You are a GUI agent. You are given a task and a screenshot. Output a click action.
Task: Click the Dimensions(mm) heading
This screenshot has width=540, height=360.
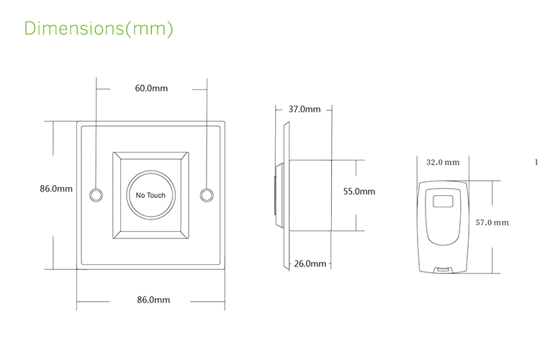pyautogui.click(x=99, y=29)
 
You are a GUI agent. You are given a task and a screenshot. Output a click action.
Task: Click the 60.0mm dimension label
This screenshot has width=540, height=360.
pyautogui.click(x=150, y=89)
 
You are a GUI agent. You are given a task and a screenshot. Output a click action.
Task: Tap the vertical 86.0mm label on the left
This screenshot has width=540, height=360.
pyautogui.click(x=55, y=189)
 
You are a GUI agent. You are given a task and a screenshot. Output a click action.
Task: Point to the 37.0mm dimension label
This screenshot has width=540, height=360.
pyautogui.click(x=304, y=109)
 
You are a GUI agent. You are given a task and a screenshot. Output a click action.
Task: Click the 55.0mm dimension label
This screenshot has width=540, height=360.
pyautogui.click(x=359, y=192)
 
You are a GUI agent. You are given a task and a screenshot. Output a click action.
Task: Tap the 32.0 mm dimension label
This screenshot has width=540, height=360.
pyautogui.click(x=442, y=163)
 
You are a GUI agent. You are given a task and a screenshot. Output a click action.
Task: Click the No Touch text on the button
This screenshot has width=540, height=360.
pyautogui.click(x=150, y=195)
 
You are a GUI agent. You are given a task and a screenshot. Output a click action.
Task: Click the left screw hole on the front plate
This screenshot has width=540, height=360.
pyautogui.click(x=95, y=194)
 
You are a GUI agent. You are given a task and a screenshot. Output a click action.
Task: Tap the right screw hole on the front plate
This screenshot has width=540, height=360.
pyautogui.click(x=207, y=194)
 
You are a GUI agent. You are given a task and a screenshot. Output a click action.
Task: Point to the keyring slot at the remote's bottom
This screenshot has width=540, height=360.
pyautogui.click(x=441, y=270)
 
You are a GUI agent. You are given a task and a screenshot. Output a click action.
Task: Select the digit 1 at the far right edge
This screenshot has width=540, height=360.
pyautogui.click(x=536, y=162)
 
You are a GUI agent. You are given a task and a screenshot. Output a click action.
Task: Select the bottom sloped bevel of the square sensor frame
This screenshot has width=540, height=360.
pyautogui.click(x=150, y=232)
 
